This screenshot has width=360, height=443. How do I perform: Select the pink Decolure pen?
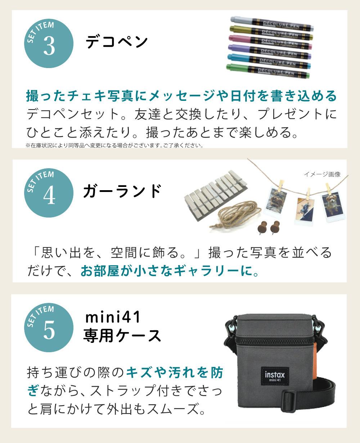[x=270, y=41]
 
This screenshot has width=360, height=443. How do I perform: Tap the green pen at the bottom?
[x=268, y=71]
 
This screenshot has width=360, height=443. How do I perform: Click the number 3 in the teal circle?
[x=49, y=45]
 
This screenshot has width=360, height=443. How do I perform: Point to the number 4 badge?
[x=49, y=195]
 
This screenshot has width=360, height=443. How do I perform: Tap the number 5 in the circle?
[x=49, y=329]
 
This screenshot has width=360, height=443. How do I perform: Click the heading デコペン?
[x=117, y=42]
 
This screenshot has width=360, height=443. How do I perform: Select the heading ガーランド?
[x=122, y=191]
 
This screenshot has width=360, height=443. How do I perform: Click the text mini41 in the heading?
[x=112, y=318]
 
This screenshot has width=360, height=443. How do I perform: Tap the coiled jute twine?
[x=236, y=215]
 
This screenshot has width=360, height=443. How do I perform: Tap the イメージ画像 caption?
[x=322, y=174]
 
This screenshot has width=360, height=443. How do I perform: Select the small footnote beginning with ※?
[x=114, y=146]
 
